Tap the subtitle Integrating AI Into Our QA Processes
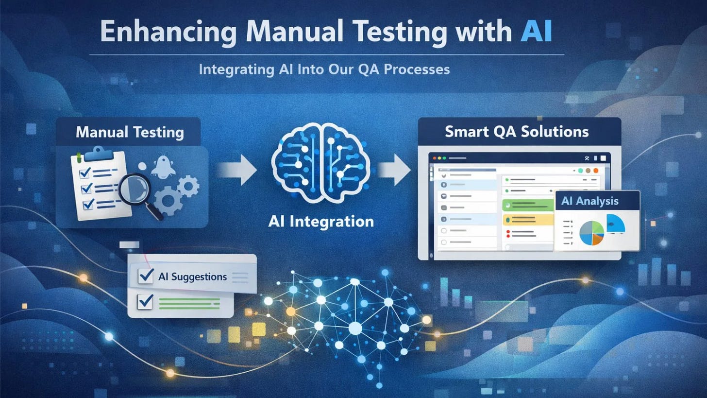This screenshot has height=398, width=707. (x=324, y=69)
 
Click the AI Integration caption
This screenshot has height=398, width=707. (x=320, y=222)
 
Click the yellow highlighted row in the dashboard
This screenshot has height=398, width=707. (x=527, y=220)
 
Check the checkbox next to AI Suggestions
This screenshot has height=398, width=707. (x=146, y=277)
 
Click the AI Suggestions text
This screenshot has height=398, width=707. (x=192, y=277)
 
